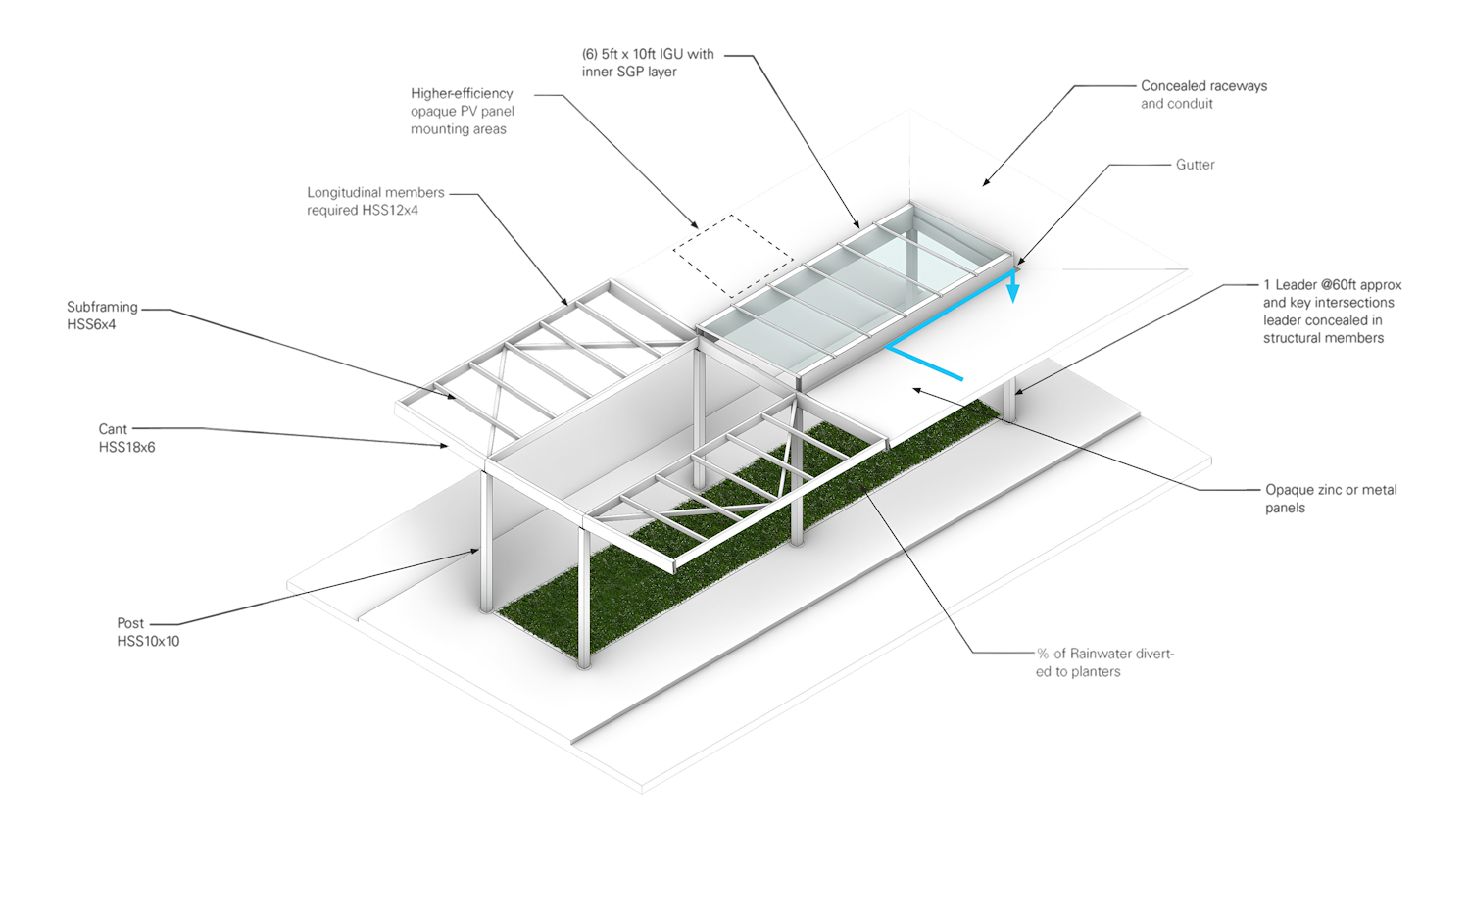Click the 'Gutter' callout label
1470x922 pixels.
pyautogui.click(x=1195, y=165)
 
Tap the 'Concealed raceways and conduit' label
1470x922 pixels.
pyautogui.click(x=1203, y=95)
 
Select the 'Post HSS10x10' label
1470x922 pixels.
pyautogui.click(x=148, y=632)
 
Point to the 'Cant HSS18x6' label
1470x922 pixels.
pyautogui.click(x=126, y=438)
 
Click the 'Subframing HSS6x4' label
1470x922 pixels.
pyautogui.click(x=102, y=315)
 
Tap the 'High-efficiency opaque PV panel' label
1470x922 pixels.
pyautogui.click(x=462, y=112)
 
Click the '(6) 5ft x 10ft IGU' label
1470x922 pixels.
pyautogui.click(x=647, y=63)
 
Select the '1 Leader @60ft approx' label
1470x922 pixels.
pyautogui.click(x=1332, y=311)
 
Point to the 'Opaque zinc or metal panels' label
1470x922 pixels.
pyautogui.click(x=1331, y=498)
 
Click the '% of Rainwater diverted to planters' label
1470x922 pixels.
pyautogui.click(x=1103, y=662)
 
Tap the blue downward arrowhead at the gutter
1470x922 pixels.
pyautogui.click(x=1015, y=291)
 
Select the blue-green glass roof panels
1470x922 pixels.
pyautogui.click(x=853, y=294)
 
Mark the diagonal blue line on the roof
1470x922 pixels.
pyautogui.click(x=925, y=362)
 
